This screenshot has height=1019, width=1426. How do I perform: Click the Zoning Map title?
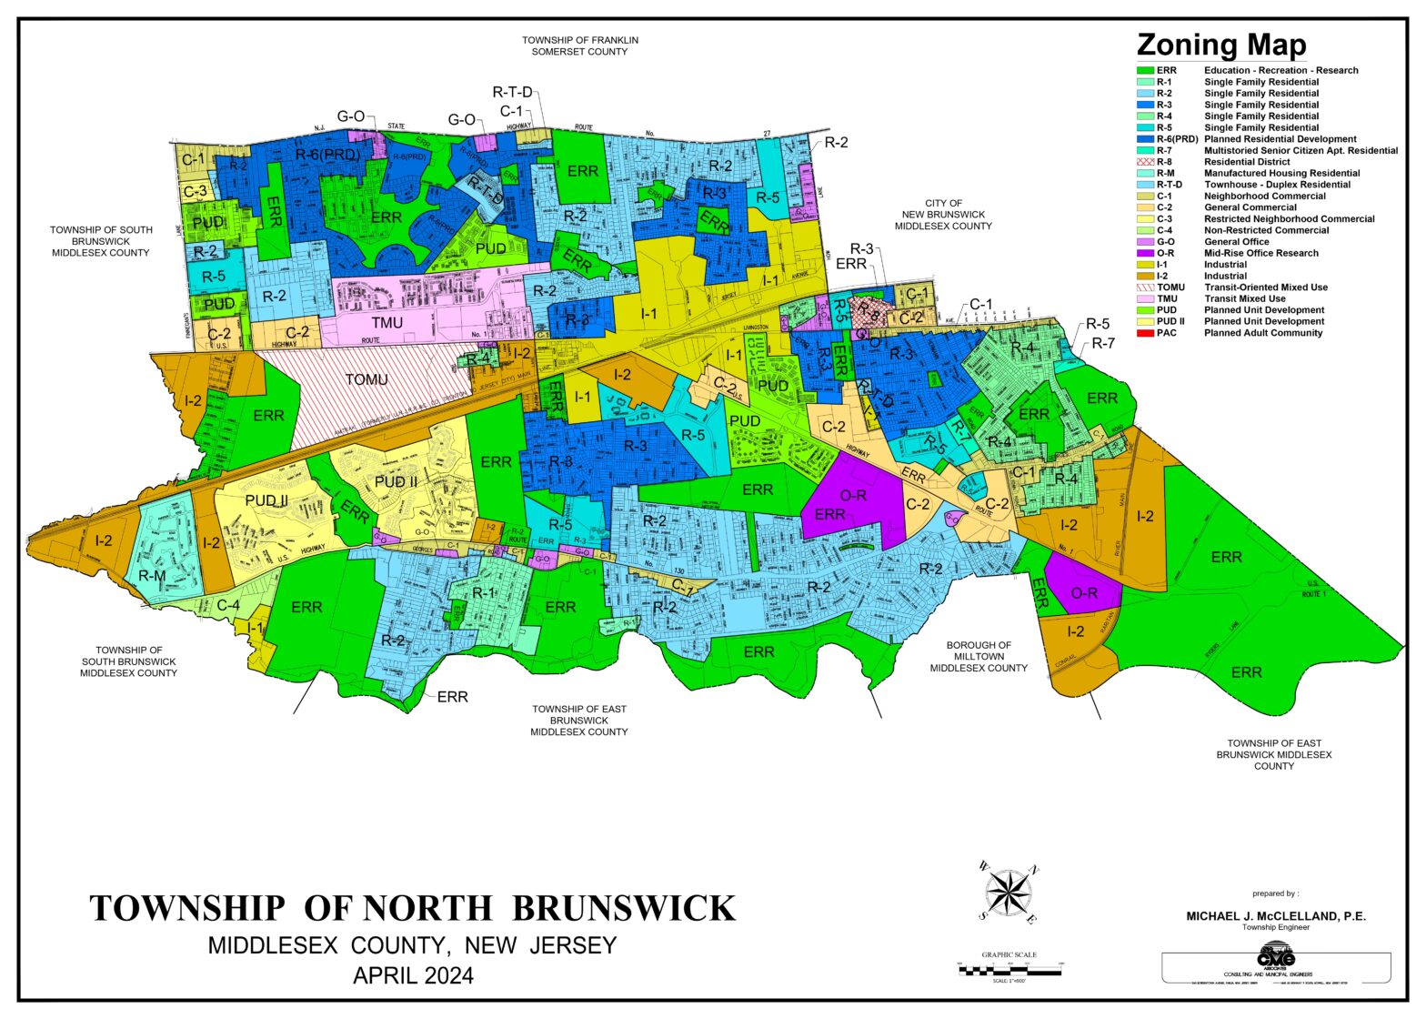click(x=1220, y=45)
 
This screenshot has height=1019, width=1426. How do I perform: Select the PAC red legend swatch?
click(x=1145, y=333)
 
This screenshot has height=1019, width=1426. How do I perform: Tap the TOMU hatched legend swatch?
click(x=1145, y=288)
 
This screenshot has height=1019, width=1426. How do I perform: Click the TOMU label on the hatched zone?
click(x=367, y=379)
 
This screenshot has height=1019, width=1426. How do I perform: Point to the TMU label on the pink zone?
click(x=387, y=323)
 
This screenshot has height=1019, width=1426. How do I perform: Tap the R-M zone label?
click(x=152, y=576)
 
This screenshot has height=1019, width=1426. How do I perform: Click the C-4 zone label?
click(x=227, y=604)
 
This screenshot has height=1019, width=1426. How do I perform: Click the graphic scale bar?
click(x=1009, y=972)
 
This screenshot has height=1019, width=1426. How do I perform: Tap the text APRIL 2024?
click(x=413, y=976)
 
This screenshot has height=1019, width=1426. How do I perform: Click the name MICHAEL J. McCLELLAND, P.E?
click(x=1275, y=916)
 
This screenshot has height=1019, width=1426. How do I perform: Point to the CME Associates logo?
click(x=1275, y=959)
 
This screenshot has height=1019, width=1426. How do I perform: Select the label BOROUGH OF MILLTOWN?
click(x=978, y=656)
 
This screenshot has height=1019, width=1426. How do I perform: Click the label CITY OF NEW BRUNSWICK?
click(x=943, y=215)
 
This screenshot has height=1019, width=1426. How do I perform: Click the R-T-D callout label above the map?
click(x=512, y=92)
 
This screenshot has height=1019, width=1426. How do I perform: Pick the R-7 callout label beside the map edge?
click(x=1102, y=343)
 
